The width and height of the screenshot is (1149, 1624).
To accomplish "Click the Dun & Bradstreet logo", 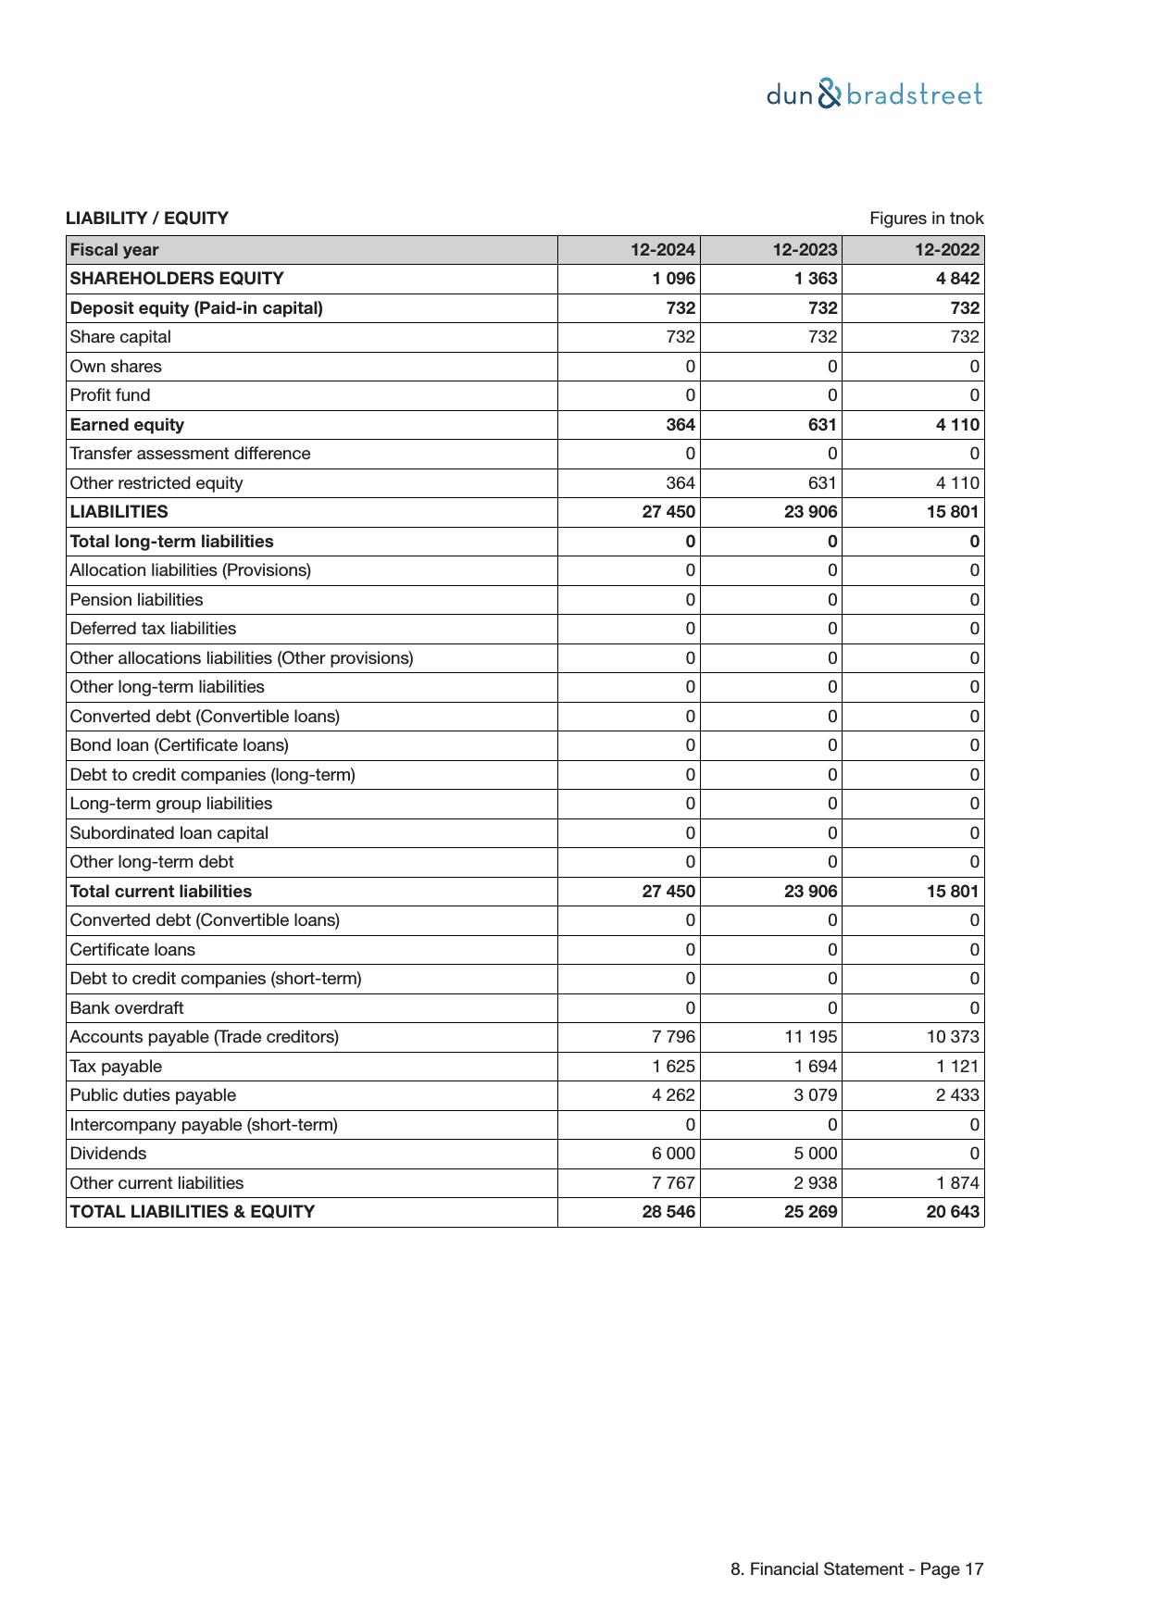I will click(x=874, y=94).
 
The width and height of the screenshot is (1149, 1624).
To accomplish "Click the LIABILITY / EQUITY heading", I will click(x=147, y=219).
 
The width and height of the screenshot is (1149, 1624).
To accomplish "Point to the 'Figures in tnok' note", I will click(x=926, y=219).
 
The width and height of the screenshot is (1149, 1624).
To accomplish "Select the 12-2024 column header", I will click(x=662, y=250).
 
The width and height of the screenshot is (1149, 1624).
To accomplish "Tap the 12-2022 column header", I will click(x=946, y=250).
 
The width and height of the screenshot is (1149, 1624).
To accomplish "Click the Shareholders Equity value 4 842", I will click(x=957, y=279).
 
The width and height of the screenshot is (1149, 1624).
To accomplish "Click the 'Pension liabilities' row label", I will click(x=136, y=600).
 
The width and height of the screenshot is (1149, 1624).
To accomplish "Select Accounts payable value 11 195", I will click(x=811, y=1037).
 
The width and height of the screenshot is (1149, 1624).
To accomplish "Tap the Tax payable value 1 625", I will click(x=673, y=1067).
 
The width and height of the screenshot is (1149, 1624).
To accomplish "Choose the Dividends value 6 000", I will click(x=673, y=1154).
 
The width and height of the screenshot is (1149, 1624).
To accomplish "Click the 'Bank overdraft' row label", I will click(x=127, y=1008).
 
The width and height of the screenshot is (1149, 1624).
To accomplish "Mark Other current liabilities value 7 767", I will click(x=673, y=1183).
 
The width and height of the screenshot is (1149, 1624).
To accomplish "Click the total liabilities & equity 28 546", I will click(x=668, y=1212).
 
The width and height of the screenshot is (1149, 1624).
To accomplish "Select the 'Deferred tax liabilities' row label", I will click(x=153, y=629).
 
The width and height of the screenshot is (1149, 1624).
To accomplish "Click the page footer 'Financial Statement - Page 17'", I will click(x=856, y=1569).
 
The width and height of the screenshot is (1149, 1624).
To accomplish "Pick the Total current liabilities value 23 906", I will click(x=810, y=892).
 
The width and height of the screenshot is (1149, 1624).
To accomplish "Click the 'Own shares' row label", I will click(x=116, y=367).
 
